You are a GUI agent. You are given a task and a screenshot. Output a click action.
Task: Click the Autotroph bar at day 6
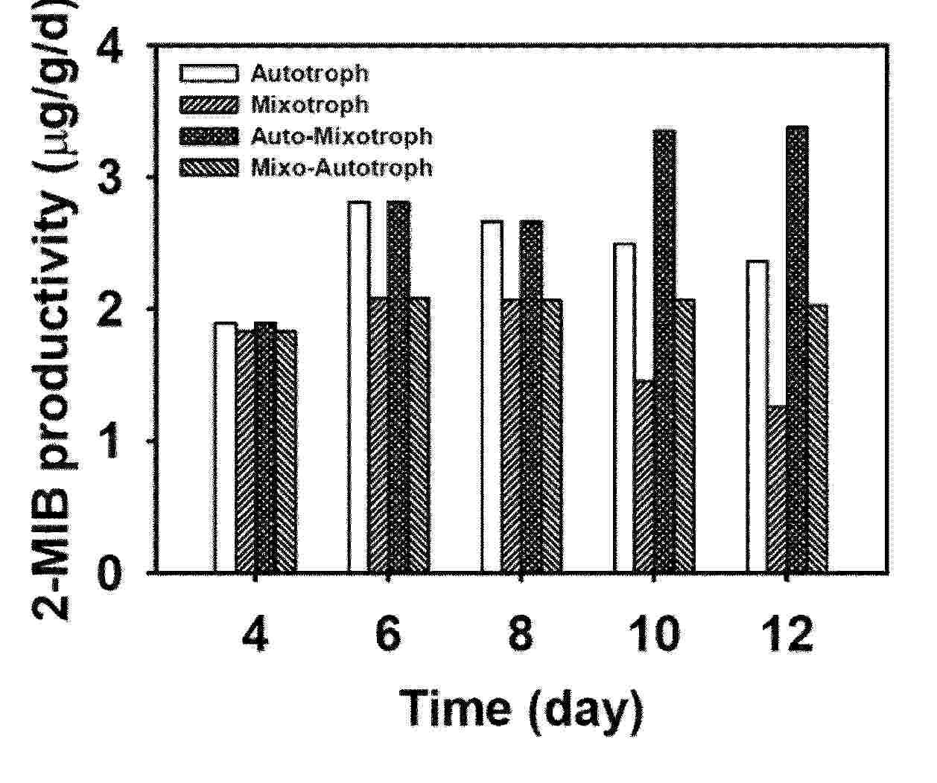click(x=359, y=387)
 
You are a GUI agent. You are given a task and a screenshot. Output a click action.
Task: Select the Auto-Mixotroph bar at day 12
click(x=798, y=350)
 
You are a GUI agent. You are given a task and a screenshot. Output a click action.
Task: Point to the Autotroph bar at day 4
click(x=225, y=447)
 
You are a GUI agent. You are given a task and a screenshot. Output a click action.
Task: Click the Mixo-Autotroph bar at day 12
click(x=818, y=438)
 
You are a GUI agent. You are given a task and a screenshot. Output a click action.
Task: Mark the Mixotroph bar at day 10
click(x=644, y=476)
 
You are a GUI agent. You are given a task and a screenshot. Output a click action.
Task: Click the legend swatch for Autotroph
click(x=209, y=73)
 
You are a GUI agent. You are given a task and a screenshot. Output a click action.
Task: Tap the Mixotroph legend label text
click(x=310, y=104)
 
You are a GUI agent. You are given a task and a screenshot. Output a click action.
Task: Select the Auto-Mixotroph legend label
click(x=341, y=136)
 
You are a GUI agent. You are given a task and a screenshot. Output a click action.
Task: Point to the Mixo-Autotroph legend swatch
click(x=209, y=168)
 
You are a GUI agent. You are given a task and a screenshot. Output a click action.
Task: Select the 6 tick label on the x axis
click(x=387, y=637)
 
